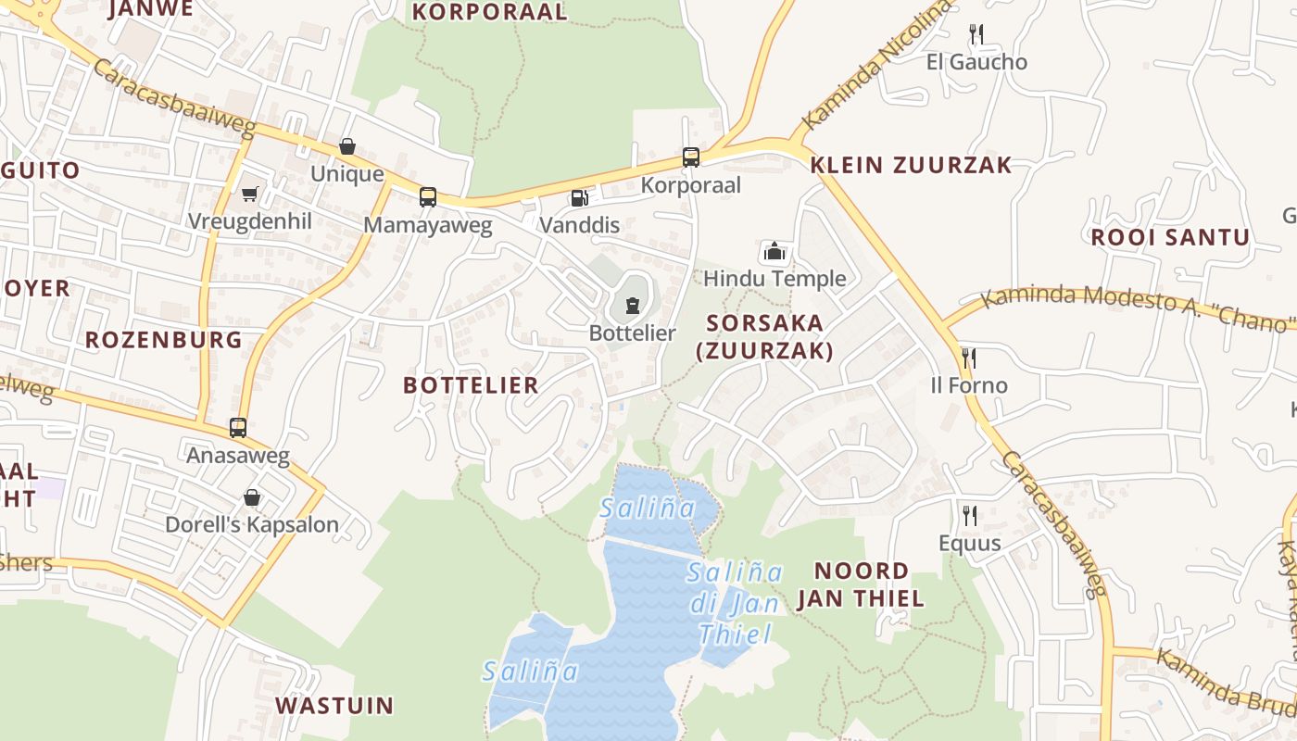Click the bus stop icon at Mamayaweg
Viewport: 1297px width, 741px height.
point(427,196)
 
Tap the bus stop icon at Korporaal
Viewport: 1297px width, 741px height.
point(691,157)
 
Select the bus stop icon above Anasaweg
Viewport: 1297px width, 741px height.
point(238,427)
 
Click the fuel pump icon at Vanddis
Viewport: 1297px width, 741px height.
point(579,197)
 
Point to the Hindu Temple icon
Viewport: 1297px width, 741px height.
point(774,250)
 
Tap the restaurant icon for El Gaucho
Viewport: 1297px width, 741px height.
point(976,34)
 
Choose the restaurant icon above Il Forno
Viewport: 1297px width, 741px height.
point(969,358)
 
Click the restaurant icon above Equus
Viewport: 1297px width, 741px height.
point(969,515)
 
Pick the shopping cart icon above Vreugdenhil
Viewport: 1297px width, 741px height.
point(249,194)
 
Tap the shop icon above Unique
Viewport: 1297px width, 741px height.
point(347,146)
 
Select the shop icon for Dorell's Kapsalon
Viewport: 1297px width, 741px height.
point(251,497)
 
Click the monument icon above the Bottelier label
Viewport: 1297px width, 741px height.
point(633,305)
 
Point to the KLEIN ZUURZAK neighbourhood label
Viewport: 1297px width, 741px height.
point(911,166)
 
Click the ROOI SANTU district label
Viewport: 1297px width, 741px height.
point(1170,237)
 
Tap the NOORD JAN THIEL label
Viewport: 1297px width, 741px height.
point(861,584)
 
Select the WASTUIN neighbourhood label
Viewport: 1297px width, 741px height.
point(334,706)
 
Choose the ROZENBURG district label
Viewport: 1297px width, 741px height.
point(164,340)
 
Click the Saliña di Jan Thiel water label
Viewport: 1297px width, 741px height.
point(736,603)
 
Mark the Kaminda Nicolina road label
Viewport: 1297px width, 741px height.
point(875,65)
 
